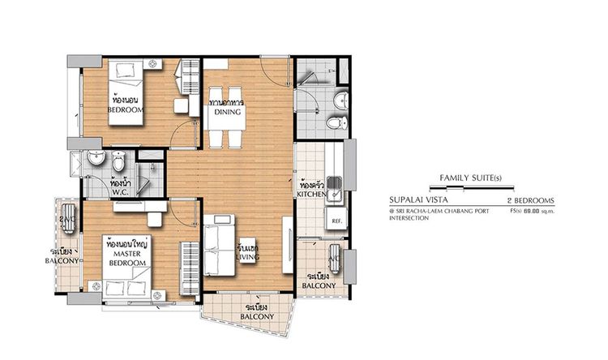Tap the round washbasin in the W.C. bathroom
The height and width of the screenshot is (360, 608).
coord(96,156)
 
